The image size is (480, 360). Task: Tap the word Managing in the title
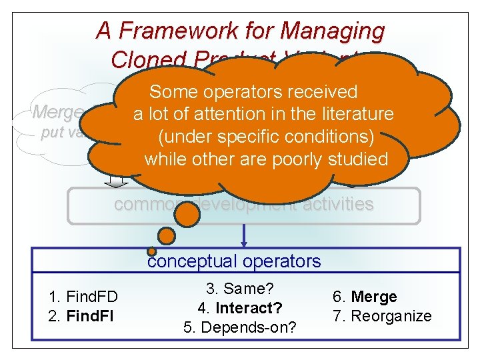tap(333, 31)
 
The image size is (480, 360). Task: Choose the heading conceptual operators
tap(234, 261)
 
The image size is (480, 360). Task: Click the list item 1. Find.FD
tap(83, 297)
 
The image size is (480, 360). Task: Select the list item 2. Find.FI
tap(81, 315)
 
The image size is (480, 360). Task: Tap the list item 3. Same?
tap(241, 289)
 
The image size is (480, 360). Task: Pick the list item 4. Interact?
tap(239, 309)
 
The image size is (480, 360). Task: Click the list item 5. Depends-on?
tap(239, 327)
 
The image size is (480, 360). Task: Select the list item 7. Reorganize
tap(381, 315)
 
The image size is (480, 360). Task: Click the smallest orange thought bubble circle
tap(152, 251)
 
